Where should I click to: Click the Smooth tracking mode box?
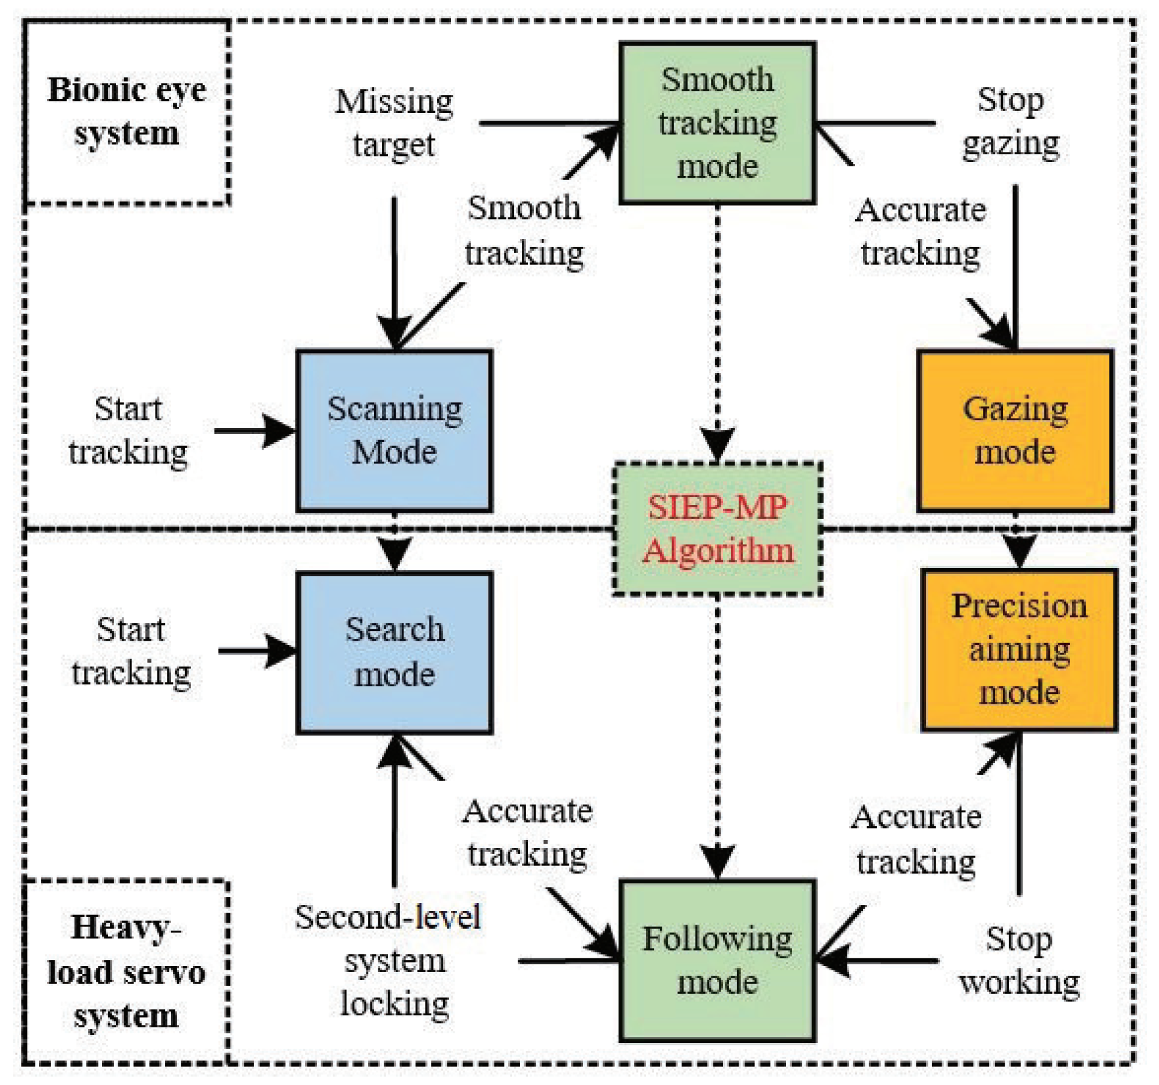pos(717,123)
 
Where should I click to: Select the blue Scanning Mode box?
pos(395,431)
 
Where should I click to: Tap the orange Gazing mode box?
pos(1015,431)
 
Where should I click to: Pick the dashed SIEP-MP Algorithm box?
pos(717,528)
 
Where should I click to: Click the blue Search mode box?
pos(395,653)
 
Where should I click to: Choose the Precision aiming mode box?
pos(1019,650)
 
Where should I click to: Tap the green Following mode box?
pos(717,961)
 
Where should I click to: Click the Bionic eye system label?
pos(127,112)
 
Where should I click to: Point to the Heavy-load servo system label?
pos(127,972)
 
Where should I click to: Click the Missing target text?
pos(394,123)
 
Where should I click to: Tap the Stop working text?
pos(1018,961)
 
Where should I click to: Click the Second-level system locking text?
pos(389,961)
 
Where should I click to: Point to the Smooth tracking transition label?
pos(524,231)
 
